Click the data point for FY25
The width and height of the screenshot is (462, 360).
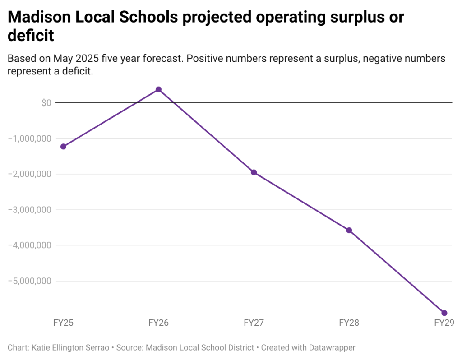pyautogui.click(x=63, y=146)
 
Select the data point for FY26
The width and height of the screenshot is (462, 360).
pyautogui.click(x=158, y=89)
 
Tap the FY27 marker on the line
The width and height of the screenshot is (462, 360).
pyautogui.click(x=254, y=172)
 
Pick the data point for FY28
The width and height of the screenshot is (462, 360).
pyautogui.click(x=349, y=230)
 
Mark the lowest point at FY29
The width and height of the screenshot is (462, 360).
pyautogui.click(x=444, y=313)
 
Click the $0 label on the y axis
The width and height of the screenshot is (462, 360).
pyautogui.click(x=46, y=103)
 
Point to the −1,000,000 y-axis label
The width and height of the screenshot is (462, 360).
pyautogui.click(x=30, y=138)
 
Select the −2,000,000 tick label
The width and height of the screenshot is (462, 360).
pyautogui.click(x=30, y=174)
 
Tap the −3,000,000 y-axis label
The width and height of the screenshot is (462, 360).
pyautogui.click(x=30, y=210)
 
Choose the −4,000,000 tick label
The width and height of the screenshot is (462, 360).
pyautogui.click(x=30, y=245)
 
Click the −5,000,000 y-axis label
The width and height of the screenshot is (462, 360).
pyautogui.click(x=30, y=281)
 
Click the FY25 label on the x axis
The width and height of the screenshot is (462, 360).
pyautogui.click(x=63, y=323)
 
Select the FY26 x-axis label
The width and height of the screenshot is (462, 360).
pyautogui.click(x=158, y=323)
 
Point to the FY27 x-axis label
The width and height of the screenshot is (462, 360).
pyautogui.click(x=254, y=323)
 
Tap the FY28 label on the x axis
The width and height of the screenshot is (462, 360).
pyautogui.click(x=349, y=323)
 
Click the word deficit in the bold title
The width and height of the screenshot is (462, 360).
pyautogui.click(x=31, y=36)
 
